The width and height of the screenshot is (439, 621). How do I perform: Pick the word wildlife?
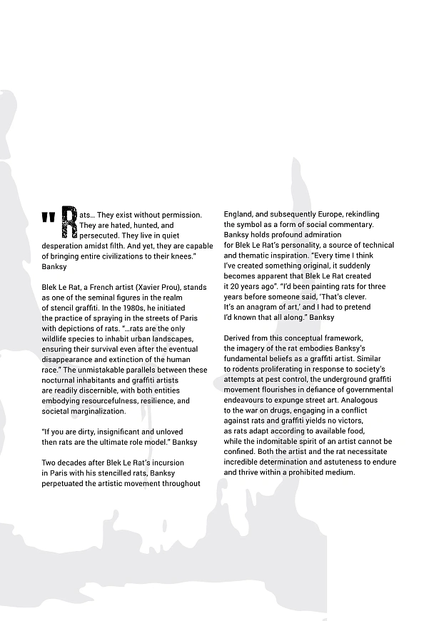pyautogui.click(x=54, y=338)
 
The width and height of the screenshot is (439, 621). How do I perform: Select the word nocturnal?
pyautogui.click(x=60, y=380)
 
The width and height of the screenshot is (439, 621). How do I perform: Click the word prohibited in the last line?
pyautogui.click(x=307, y=473)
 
